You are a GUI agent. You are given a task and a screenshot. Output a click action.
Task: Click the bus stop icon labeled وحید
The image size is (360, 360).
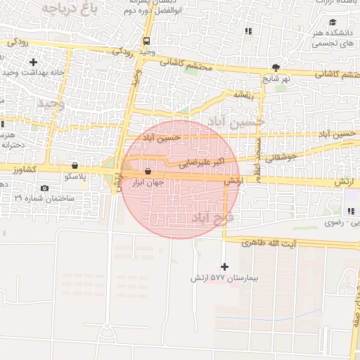coord(146,41)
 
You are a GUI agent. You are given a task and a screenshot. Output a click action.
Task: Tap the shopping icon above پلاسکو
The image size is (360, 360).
coord(75,166)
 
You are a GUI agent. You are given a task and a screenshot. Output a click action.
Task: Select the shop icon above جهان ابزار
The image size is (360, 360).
coord(148,172)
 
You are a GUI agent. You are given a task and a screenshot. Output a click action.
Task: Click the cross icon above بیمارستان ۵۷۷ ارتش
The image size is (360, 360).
coord(224,266)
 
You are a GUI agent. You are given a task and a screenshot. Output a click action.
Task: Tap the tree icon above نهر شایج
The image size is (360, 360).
coord(276,68)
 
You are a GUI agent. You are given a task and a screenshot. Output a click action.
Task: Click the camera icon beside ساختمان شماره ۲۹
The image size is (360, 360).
coord(45,188)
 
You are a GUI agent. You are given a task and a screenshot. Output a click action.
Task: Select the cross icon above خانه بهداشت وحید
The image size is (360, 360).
coord(33,63)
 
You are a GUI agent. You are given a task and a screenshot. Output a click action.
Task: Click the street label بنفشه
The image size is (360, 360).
coord(242,94)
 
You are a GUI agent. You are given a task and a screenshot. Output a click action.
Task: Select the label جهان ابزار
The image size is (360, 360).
coord(148,182)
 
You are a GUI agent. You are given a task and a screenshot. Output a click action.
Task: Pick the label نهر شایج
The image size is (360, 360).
coord(276,79)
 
